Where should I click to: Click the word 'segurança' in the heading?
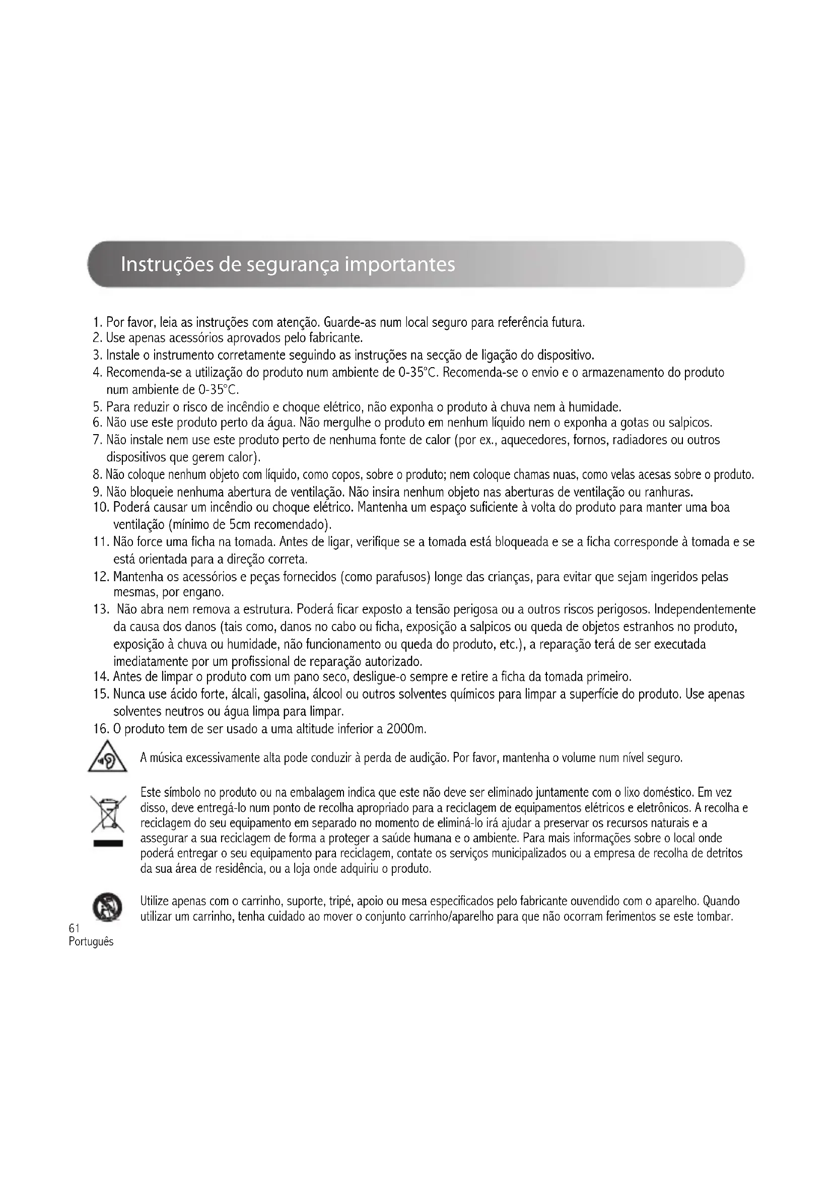tap(293, 265)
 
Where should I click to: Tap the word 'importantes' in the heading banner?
tap(399, 265)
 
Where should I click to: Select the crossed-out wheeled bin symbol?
tap(108, 814)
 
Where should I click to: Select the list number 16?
tap(101, 729)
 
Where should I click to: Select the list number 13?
tap(101, 610)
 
